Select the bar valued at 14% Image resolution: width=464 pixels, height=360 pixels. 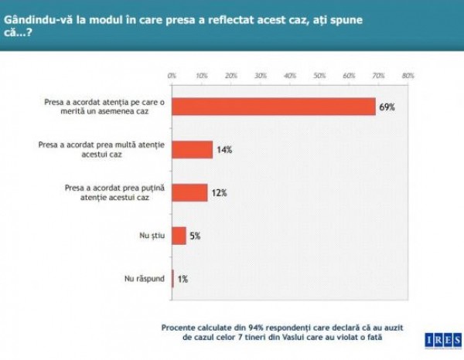(192, 149)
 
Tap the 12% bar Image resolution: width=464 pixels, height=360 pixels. (189, 192)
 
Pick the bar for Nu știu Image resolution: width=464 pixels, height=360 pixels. (179, 236)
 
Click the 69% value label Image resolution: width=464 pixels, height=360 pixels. (387, 107)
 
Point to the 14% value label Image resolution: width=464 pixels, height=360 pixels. (225, 149)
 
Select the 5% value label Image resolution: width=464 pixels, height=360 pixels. (195, 236)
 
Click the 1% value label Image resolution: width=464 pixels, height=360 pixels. (183, 278)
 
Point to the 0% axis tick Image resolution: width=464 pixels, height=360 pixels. (172, 76)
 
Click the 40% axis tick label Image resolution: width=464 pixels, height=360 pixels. (290, 76)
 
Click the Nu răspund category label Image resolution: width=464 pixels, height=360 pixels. (144, 278)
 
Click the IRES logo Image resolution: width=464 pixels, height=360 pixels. (440, 340)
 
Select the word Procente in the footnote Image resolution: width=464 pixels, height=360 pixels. (184, 327)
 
